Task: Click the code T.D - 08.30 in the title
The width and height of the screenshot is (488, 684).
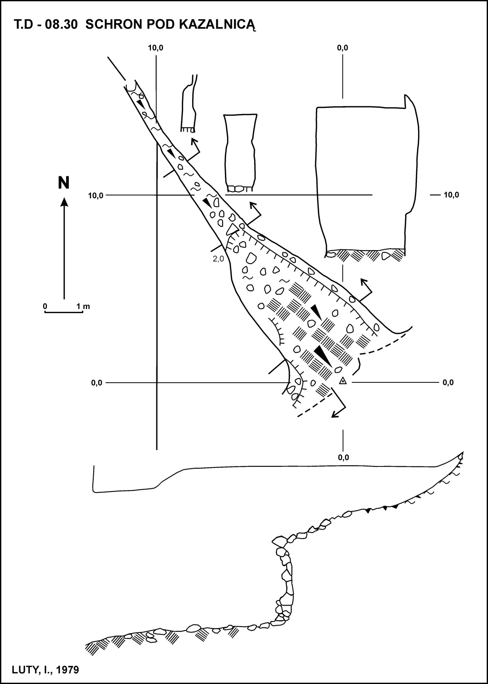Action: (46, 25)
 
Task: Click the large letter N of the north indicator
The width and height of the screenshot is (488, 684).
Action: (64, 183)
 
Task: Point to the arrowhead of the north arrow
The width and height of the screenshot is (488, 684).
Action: (64, 202)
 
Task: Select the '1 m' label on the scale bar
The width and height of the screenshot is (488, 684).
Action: (83, 306)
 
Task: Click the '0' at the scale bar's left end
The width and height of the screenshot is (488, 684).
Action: (45, 306)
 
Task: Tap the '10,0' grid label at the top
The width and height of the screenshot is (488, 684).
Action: (156, 48)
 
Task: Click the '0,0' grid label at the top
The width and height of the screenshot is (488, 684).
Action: (342, 48)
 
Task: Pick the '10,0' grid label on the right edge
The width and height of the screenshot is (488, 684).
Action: (451, 195)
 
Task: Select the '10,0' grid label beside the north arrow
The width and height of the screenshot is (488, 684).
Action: (96, 196)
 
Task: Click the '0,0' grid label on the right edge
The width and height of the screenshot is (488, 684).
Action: (448, 382)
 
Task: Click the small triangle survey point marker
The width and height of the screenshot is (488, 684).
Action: (343, 381)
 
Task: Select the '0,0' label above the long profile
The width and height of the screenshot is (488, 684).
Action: (344, 457)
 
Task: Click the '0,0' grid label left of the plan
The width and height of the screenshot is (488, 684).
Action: (97, 382)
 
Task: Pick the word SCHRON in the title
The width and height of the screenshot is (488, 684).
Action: (110, 25)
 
